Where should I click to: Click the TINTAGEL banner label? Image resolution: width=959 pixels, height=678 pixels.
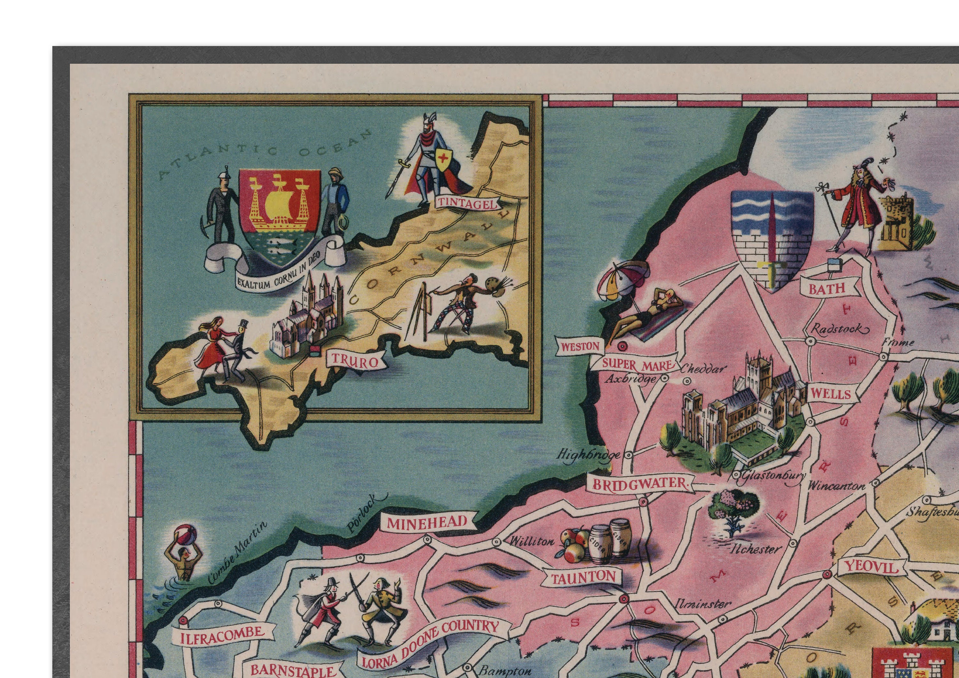tap(468, 203)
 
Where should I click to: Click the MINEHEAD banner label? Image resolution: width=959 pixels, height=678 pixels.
tap(426, 523)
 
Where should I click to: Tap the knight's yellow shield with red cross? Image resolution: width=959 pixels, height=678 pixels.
tap(444, 159)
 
